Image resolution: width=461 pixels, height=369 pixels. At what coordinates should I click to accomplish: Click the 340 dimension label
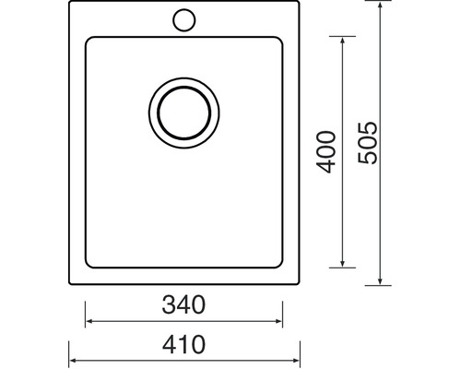(x=183, y=304)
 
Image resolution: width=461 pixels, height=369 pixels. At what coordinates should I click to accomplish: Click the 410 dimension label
(x=183, y=344)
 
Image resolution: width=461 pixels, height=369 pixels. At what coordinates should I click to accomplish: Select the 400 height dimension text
(x=325, y=152)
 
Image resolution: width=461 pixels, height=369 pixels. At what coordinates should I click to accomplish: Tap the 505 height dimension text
(x=367, y=143)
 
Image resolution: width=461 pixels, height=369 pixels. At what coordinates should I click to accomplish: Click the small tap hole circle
(x=183, y=20)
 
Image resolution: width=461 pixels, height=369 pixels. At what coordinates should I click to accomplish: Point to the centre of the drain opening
(x=183, y=113)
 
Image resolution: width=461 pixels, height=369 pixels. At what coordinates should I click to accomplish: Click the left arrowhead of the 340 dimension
(x=89, y=321)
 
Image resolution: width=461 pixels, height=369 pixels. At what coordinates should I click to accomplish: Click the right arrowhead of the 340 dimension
(x=278, y=321)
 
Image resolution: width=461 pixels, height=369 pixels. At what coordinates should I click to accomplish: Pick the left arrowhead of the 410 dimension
(x=73, y=361)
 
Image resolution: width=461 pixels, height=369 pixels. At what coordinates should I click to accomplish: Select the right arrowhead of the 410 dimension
(x=296, y=361)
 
